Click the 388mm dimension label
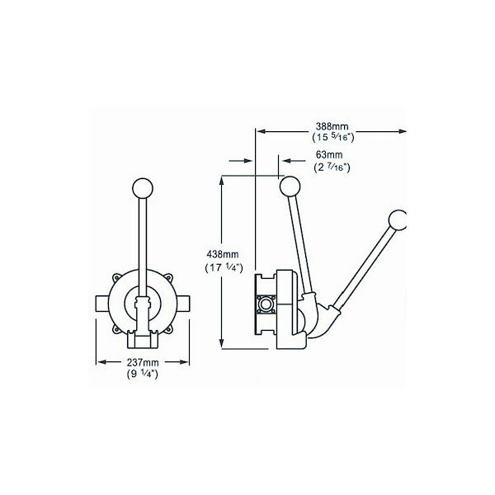click(332, 126)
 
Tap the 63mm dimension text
click(329, 155)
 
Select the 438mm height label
click(223, 254)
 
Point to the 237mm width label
click(142, 362)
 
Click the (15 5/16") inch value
click(332, 138)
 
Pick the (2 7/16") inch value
click(332, 167)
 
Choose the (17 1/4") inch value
click(224, 267)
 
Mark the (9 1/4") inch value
click(142, 374)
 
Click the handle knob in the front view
click(143, 188)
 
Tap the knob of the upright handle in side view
click(290, 186)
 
